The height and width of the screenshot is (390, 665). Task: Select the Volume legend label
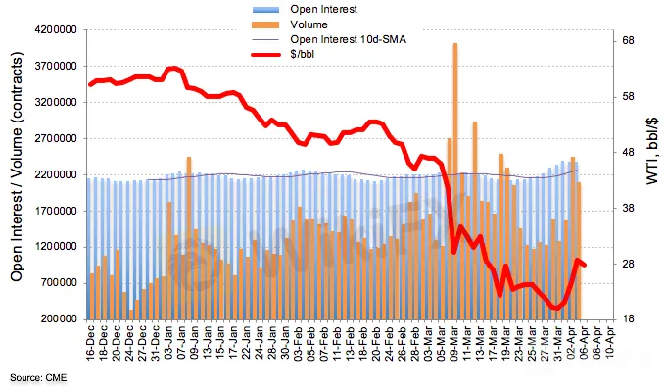(x=309, y=24)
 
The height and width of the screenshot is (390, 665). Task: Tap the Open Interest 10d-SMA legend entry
(x=349, y=39)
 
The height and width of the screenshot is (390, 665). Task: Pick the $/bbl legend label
(x=303, y=54)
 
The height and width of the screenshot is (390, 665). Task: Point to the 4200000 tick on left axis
(x=56, y=30)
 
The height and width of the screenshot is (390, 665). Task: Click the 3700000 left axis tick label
(x=56, y=67)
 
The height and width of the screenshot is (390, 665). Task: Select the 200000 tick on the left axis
(x=59, y=318)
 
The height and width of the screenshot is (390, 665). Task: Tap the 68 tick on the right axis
(x=629, y=41)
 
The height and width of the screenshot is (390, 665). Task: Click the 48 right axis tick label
(x=629, y=152)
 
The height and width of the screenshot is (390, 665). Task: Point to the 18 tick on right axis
(x=629, y=318)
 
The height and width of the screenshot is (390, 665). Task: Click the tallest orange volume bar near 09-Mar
(x=455, y=181)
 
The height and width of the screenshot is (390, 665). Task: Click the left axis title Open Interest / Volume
(x=17, y=167)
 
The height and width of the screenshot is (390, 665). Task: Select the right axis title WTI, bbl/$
(x=652, y=152)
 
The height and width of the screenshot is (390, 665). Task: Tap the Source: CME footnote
(x=38, y=377)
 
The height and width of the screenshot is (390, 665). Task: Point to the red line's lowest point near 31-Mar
(x=555, y=308)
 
